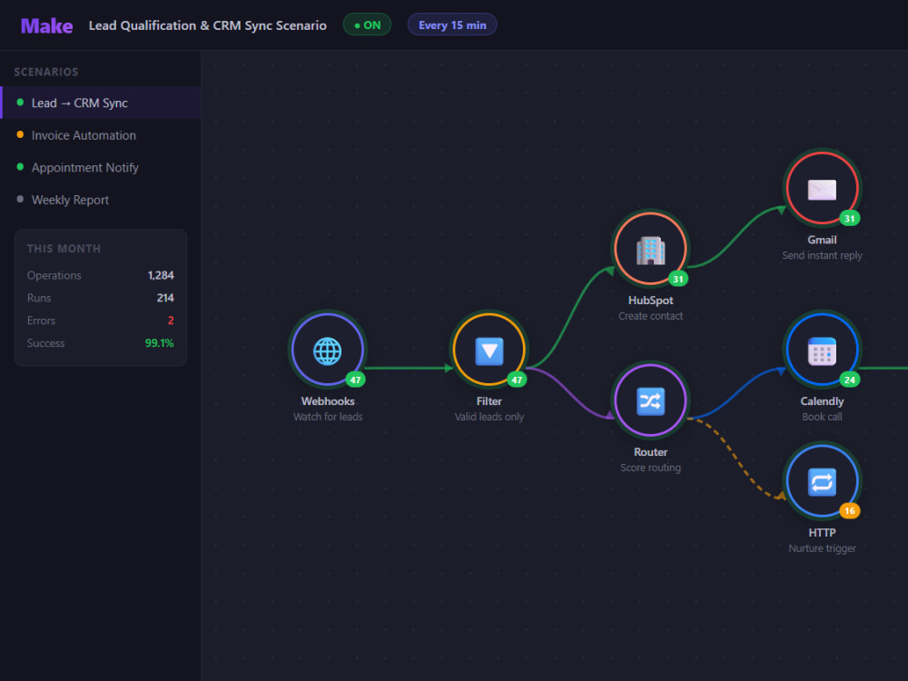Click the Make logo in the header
(x=46, y=26)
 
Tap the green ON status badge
(x=367, y=25)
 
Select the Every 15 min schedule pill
(x=452, y=25)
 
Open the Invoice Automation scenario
(x=84, y=135)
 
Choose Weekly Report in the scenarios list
(x=70, y=200)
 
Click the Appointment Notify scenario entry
(x=85, y=168)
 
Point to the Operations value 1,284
(x=161, y=275)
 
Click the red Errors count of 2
(x=171, y=321)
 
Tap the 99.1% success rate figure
(x=159, y=343)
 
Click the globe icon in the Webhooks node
(x=327, y=350)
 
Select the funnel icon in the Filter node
(x=489, y=350)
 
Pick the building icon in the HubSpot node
(x=650, y=251)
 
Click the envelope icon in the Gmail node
(x=822, y=190)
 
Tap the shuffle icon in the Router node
(x=650, y=401)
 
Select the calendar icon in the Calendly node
(x=822, y=350)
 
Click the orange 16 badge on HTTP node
(x=850, y=510)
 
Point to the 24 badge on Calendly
(x=850, y=380)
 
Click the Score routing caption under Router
(x=650, y=468)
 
